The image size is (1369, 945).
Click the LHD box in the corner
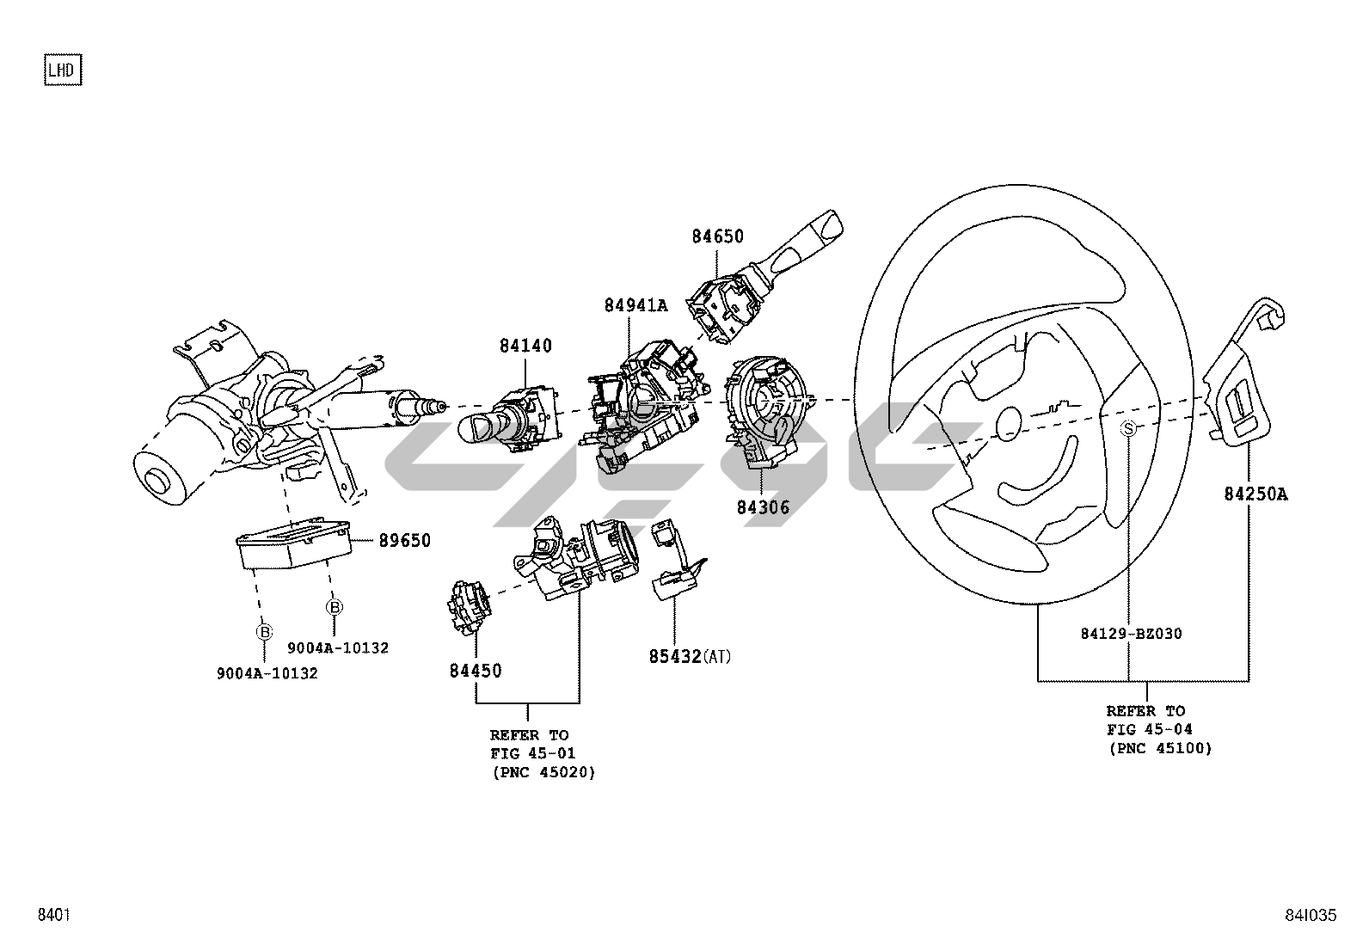coord(62,71)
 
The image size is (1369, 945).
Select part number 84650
coord(717,236)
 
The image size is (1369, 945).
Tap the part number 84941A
coord(635,304)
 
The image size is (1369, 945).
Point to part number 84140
coord(525,347)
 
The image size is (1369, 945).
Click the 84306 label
coord(763,507)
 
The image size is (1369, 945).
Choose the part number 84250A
coord(1256,494)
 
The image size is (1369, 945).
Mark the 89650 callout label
coord(403,541)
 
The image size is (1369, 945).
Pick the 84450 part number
coord(476,671)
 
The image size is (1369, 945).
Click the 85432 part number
coord(675,658)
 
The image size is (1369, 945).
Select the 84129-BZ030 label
coord(1131,635)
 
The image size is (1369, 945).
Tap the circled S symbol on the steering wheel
coord(1129,428)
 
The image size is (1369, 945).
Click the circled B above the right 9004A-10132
coord(334,607)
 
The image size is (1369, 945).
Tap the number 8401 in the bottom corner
coord(52,916)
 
